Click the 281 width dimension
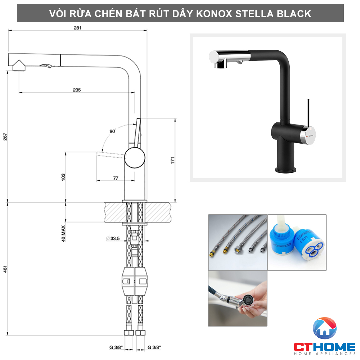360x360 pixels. click(77, 28)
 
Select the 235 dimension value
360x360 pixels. click(76, 90)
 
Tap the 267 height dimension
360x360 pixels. click(5, 137)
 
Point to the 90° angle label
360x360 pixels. click(113, 131)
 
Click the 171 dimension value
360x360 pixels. click(172, 160)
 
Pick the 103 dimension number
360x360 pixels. click(63, 177)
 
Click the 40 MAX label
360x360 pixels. click(63, 233)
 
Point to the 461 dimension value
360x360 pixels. click(5, 269)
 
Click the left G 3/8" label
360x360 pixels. click(117, 347)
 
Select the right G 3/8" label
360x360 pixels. click(154, 347)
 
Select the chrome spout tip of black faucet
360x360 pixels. click(217, 57)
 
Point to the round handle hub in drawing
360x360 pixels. click(135, 157)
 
